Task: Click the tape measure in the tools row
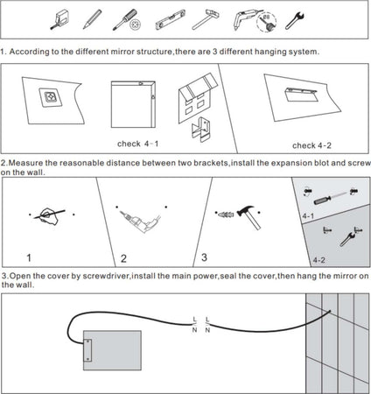tap(59, 19)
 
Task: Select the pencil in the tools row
tap(92, 19)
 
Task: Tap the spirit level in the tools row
tap(171, 19)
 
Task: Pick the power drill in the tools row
tap(245, 19)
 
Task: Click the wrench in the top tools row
tap(295, 20)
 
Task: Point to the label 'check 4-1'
tap(137, 144)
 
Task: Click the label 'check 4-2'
tap(311, 145)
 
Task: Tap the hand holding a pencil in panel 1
tap(49, 216)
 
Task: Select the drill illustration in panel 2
tap(141, 222)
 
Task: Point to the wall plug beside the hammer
tap(226, 215)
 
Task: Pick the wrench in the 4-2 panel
tap(347, 239)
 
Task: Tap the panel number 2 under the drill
tap(123, 258)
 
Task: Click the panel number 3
tap(204, 257)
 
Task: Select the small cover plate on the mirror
tap(87, 350)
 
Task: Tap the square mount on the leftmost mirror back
tap(51, 97)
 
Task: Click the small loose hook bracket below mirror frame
tap(200, 129)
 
